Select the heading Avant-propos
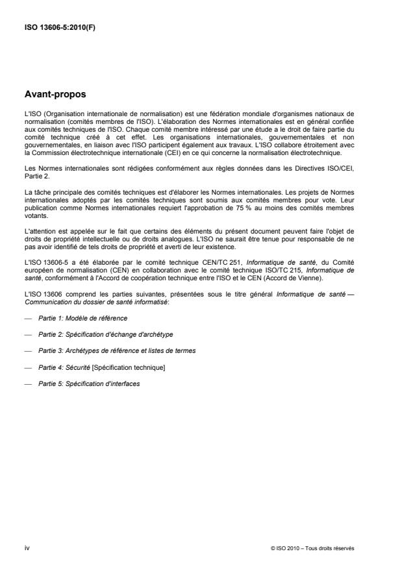55,93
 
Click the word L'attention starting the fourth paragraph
38,214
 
